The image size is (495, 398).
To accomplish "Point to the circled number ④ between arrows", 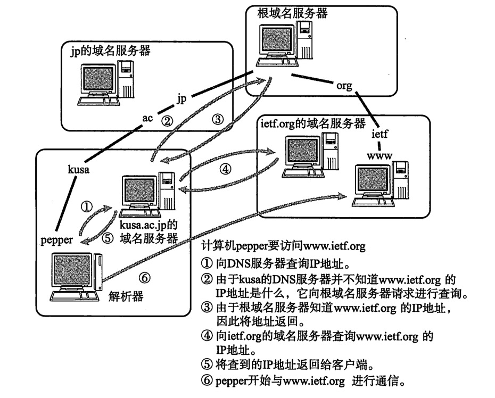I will [x=226, y=169].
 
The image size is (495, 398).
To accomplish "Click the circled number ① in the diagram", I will [x=86, y=206].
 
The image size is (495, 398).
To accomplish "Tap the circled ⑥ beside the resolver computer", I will [x=144, y=276].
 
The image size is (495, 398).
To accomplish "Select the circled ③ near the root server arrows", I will [x=217, y=119].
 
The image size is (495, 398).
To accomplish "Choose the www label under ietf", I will [x=380, y=155].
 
